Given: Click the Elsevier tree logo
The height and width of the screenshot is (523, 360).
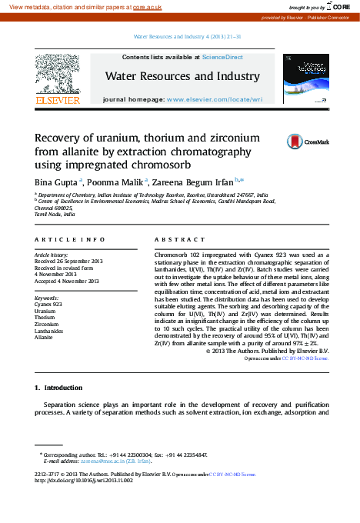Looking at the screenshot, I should tap(56, 75).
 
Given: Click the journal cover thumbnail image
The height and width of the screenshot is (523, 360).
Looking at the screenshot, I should tap(306, 79).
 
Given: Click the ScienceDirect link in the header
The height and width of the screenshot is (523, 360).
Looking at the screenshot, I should tap(222, 57).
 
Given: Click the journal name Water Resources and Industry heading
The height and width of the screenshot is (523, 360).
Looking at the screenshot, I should tap(182, 77).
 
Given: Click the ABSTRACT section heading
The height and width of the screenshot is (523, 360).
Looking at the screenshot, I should tap(180, 240).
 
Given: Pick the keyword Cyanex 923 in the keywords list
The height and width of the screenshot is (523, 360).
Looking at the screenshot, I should tap(48, 305).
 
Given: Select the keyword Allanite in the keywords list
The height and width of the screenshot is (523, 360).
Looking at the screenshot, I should tap(44, 337).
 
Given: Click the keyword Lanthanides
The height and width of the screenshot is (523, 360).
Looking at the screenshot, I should tap(48, 330).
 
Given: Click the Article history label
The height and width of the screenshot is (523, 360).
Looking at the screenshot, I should tap(52, 254).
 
